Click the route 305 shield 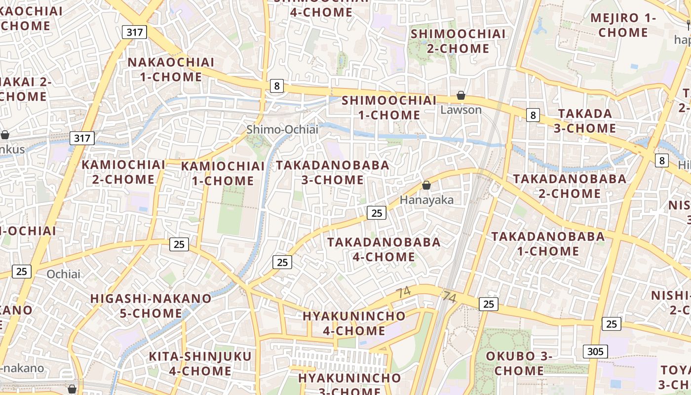tap(595, 352)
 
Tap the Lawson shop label tap(461, 110)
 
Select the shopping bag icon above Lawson tap(461, 95)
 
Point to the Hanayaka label tap(426, 200)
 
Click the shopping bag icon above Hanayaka tap(426, 186)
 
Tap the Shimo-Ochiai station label tap(282, 129)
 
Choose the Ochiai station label tap(63, 274)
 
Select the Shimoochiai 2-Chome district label tap(458, 41)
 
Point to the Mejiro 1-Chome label tap(626, 25)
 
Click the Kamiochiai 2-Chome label tap(123, 172)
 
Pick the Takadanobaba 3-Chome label tap(333, 172)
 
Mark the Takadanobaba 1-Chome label tap(548, 244)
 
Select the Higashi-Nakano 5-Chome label tap(151, 306)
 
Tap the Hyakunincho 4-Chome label tap(354, 323)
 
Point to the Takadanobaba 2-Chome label tap(570, 186)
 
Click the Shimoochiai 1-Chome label tap(389, 108)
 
